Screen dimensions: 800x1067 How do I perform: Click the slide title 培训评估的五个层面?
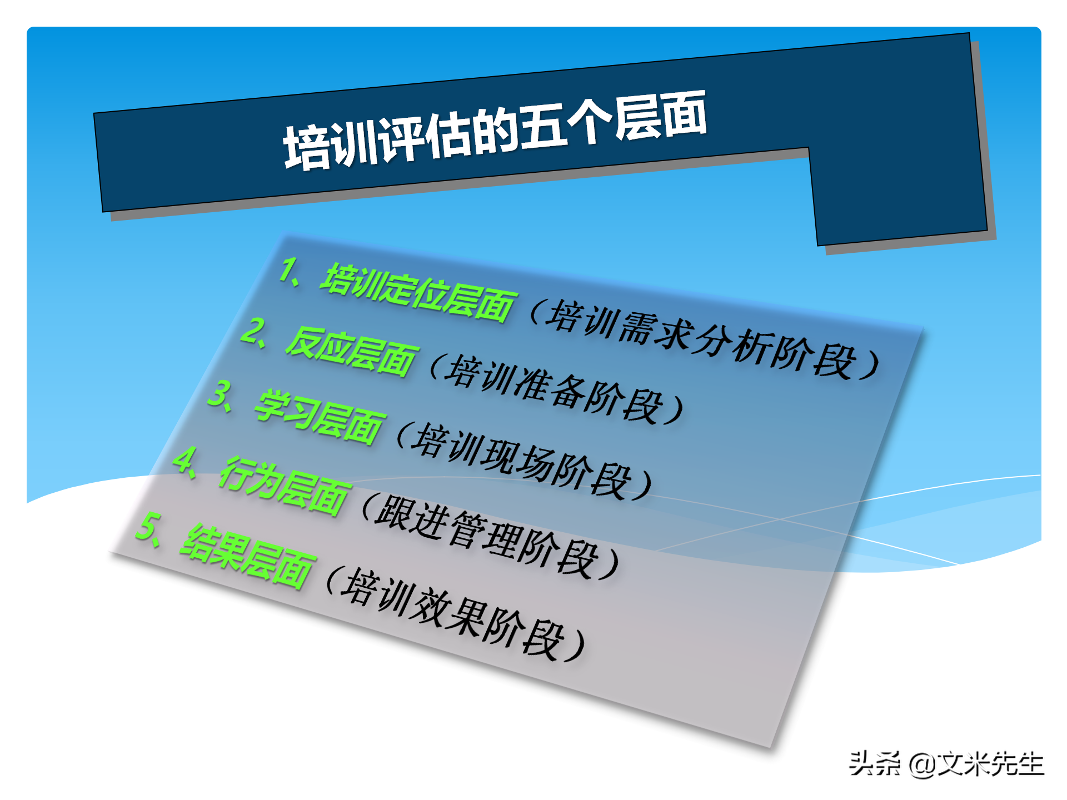coord(495,131)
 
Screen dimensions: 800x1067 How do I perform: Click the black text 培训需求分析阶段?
coord(700,339)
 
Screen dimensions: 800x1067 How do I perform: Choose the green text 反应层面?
coord(351,351)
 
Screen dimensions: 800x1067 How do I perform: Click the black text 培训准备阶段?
coord(556,389)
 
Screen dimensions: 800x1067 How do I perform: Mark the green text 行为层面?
coord(285,484)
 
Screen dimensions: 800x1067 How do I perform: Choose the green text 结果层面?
coord(248,556)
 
